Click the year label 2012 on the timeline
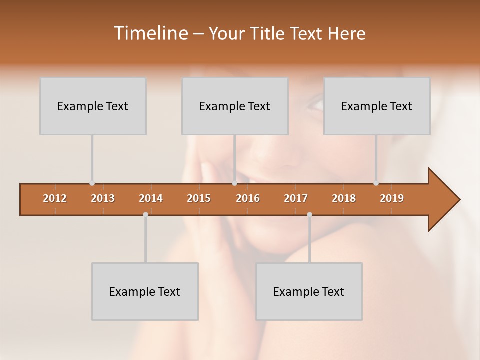click(55, 198)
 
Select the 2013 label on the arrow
click(103, 198)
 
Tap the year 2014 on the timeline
click(151, 198)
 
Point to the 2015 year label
click(199, 198)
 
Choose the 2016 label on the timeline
click(248, 198)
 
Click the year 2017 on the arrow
click(296, 198)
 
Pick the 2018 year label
click(344, 198)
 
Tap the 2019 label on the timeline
click(392, 198)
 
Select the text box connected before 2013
click(93, 106)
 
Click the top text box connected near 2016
click(235, 106)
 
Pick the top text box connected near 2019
click(377, 106)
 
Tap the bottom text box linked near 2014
click(145, 291)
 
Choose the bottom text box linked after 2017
click(309, 291)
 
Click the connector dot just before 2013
click(92, 183)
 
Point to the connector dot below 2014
click(145, 215)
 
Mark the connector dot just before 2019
click(376, 183)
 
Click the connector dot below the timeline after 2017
click(309, 215)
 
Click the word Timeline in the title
click(150, 33)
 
